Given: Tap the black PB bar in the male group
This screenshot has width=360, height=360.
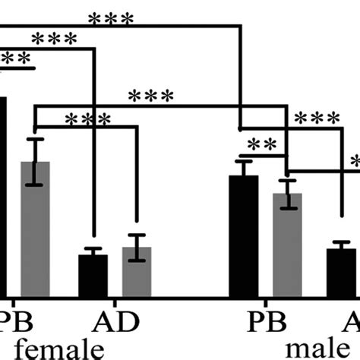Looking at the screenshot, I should (x=244, y=236).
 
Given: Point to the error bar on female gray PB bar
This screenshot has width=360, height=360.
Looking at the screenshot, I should (x=35, y=161).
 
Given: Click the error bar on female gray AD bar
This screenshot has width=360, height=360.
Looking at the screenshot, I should (x=137, y=248).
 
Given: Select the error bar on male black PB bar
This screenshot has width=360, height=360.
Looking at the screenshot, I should (x=244, y=169).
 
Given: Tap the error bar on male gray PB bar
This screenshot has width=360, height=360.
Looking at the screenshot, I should (x=287, y=194).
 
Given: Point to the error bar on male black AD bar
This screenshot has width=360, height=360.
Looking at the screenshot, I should (x=341, y=246).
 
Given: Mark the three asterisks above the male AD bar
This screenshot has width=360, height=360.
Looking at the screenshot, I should (x=318, y=118).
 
